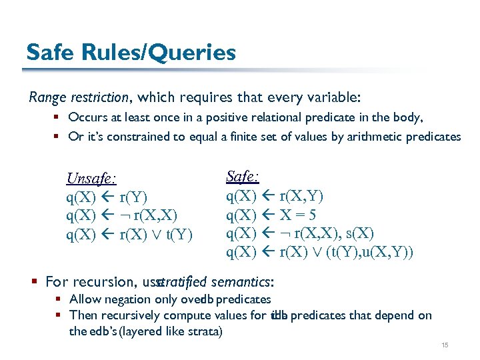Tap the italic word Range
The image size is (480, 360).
tap(47, 97)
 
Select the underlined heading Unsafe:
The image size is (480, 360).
tap(92, 179)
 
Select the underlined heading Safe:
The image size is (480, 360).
tap(243, 177)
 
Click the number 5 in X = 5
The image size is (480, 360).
tap(312, 215)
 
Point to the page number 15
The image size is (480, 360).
tap(445, 345)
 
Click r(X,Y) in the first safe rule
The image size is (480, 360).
tap(301, 196)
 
